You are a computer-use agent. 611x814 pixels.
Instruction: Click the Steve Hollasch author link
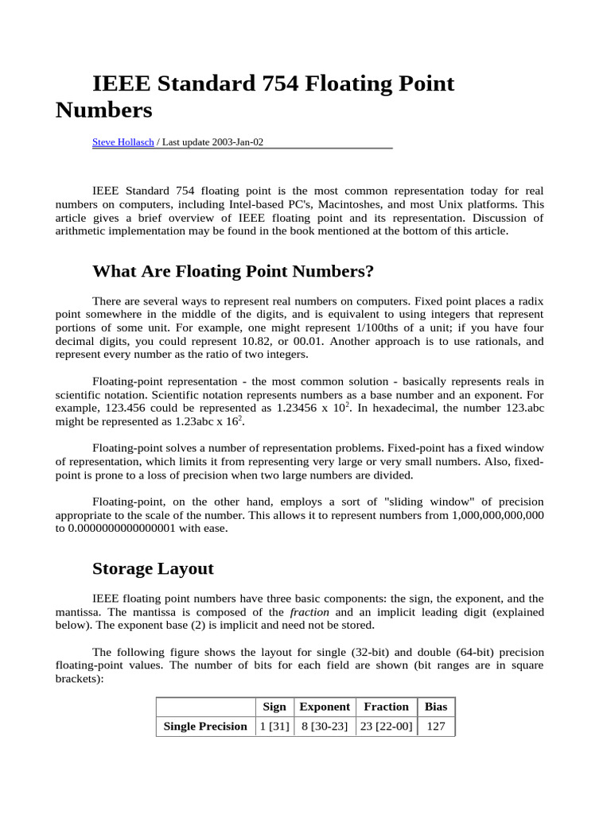pos(123,142)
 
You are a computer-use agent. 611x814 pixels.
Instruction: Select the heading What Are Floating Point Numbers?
pos(233,272)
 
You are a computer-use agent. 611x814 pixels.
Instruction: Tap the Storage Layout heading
pos(153,568)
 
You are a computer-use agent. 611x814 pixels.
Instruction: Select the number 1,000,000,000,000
pos(497,515)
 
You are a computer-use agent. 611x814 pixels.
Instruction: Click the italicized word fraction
pos(309,612)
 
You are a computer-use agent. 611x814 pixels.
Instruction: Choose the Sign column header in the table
pos(274,706)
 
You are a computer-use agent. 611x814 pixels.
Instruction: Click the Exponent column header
pos(325,706)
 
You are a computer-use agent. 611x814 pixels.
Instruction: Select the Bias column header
pos(436,706)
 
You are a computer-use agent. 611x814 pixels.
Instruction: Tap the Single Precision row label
pos(205,726)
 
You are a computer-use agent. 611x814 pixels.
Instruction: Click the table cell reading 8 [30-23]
pos(325,726)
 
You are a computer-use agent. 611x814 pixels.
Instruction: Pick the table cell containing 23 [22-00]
pos(386,726)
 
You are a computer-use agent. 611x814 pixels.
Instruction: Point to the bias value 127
pos(436,726)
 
